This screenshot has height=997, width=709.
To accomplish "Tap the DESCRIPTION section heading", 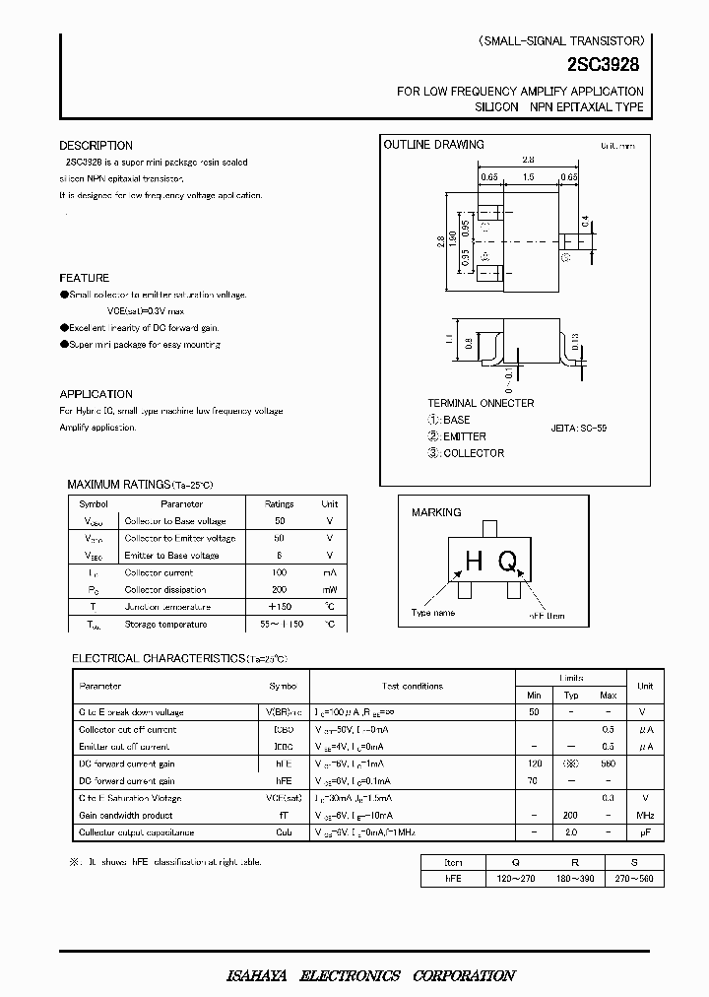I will (96, 146).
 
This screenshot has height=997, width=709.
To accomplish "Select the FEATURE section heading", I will (84, 278).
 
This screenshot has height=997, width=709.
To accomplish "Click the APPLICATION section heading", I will (96, 394).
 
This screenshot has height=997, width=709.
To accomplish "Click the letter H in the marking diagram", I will (474, 562).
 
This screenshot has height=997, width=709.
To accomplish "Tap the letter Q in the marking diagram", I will (507, 562).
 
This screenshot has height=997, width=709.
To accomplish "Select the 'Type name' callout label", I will (433, 613).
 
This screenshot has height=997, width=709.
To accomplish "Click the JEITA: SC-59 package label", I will (579, 429).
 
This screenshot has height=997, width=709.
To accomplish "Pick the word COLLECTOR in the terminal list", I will (474, 453).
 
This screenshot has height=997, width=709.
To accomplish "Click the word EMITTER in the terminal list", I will (465, 436).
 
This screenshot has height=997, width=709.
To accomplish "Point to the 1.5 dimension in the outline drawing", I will (528, 177).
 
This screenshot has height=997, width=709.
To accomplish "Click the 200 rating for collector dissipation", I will (279, 589).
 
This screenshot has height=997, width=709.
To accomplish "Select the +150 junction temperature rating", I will (279, 607).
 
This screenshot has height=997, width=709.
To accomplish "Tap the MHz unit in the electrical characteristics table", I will (644, 816).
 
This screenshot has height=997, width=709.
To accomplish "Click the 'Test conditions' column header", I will (413, 686).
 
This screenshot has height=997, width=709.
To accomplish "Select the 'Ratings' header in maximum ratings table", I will (279, 503).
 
